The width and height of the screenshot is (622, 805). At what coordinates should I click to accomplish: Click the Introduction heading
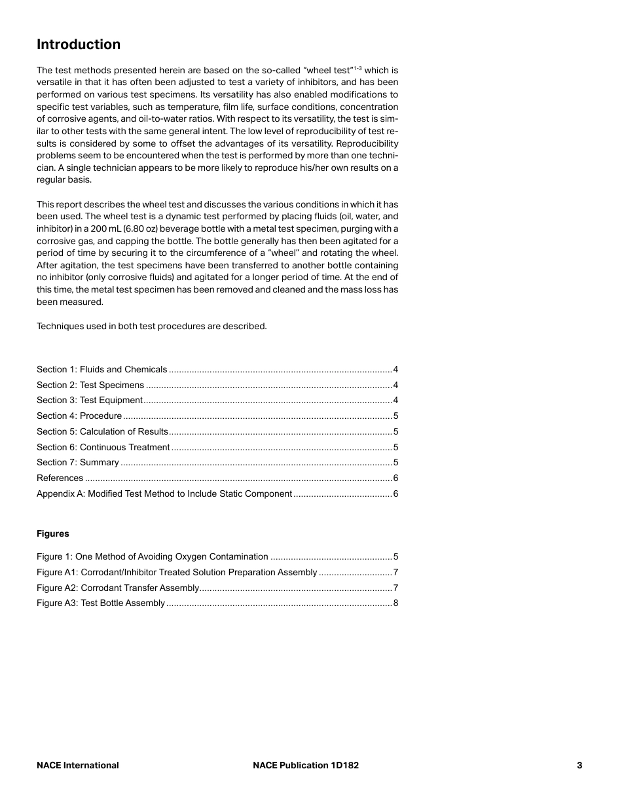coord(79,45)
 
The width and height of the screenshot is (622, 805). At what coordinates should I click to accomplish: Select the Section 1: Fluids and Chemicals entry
coord(102,370)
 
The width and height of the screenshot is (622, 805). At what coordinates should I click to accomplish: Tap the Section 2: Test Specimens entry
coord(90,385)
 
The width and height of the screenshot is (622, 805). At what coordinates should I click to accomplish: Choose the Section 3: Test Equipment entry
coord(90,401)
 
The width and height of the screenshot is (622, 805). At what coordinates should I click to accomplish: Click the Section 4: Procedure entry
coord(79,416)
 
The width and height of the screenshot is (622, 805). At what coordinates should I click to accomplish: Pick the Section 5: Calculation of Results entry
coord(103,432)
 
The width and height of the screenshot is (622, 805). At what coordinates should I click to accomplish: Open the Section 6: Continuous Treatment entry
coord(103,448)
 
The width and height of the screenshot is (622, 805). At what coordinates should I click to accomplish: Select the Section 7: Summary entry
coord(78,463)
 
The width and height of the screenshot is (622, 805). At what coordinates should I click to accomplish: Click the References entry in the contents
coord(60,478)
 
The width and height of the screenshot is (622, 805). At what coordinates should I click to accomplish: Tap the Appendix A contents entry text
coord(164,494)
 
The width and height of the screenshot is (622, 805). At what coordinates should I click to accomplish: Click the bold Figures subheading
coord(53,534)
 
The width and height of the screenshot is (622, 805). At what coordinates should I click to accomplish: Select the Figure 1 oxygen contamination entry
coord(153,557)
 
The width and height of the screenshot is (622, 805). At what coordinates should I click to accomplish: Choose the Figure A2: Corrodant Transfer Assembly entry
coord(118,588)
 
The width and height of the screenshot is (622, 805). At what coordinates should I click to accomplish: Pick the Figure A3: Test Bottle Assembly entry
coord(101,603)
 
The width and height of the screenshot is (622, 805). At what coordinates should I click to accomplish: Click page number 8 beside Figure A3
coord(395,603)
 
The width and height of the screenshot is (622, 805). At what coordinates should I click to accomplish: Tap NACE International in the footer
coord(78,765)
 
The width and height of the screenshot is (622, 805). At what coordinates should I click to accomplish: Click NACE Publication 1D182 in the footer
coord(306,765)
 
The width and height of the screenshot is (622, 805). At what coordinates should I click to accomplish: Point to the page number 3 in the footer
coord(579,765)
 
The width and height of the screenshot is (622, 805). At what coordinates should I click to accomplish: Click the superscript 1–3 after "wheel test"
coord(358,68)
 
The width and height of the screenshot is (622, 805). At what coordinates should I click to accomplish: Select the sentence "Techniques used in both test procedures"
coord(151,327)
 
